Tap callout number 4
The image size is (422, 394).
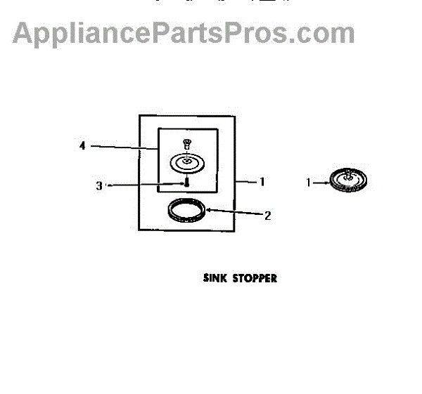point(82,146)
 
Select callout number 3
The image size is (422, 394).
point(99,186)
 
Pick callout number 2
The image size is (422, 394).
point(267,216)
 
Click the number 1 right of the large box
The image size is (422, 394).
point(262,181)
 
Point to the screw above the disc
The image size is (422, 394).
point(187,145)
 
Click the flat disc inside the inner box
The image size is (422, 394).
point(186,164)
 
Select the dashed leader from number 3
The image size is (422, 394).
point(144,185)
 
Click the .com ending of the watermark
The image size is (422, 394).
point(324,33)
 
